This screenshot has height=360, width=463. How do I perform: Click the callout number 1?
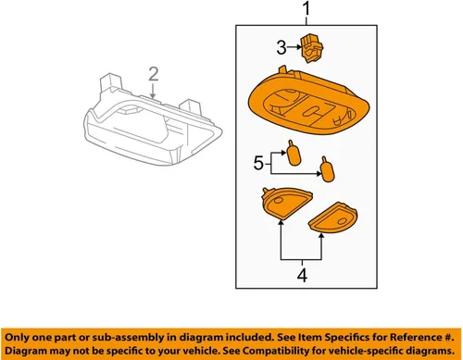pos(306,9)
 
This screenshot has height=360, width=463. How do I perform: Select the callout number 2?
pos(154,74)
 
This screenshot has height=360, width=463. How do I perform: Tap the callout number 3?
pos(282,48)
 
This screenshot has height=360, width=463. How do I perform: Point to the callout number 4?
pos(302,275)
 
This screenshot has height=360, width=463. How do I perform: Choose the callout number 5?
pos(258,163)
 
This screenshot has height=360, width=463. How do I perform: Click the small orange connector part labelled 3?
pos(312,48)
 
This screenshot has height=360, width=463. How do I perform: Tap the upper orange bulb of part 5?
pos(294,154)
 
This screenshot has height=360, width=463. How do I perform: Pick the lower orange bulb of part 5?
pos(327,169)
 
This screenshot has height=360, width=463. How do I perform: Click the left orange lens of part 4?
pos(286,204)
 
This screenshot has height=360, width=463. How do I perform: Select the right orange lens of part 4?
pos(332,217)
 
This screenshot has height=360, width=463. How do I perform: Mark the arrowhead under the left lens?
pos(281,222)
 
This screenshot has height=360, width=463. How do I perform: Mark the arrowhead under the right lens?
pos(321,236)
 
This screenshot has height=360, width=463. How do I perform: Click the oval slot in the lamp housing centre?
pos(312,112)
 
